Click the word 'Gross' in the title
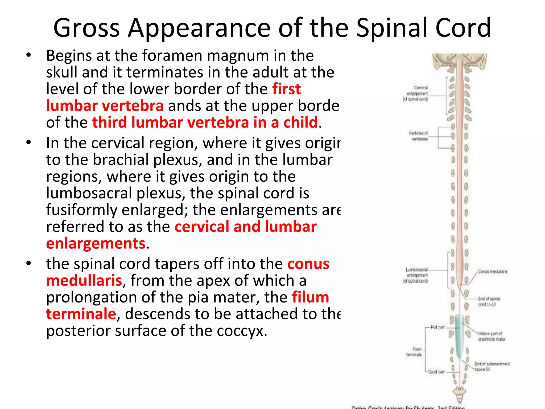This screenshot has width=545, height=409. point(86,28)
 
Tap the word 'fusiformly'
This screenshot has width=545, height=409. point(81,210)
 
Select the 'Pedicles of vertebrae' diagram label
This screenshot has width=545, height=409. point(418,136)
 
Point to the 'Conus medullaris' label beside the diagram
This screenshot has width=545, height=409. point(493,272)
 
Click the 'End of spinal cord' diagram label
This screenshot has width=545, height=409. point(489,301)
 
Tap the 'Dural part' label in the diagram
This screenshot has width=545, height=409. point(436,372)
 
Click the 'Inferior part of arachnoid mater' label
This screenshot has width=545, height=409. point(491,336)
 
